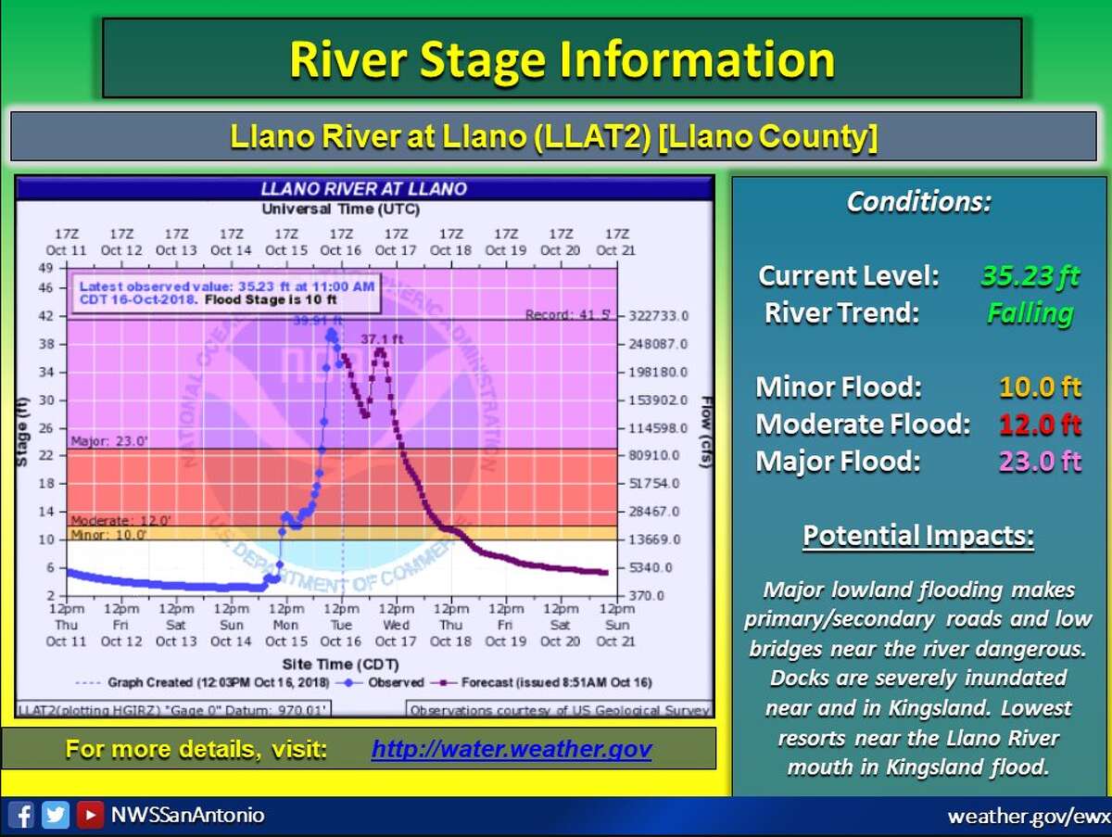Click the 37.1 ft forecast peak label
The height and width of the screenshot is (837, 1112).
click(x=384, y=339)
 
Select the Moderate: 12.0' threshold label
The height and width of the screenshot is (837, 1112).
click(x=108, y=521)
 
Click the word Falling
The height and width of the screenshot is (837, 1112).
click(x=1030, y=313)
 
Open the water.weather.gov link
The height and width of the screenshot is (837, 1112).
click(x=512, y=749)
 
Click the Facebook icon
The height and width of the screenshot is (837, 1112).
click(x=24, y=816)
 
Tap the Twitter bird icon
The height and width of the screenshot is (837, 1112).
click(x=56, y=816)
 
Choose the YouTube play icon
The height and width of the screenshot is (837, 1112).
click(x=90, y=816)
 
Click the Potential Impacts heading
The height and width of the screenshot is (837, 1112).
click(x=917, y=536)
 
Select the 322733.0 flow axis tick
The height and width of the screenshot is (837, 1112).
click(x=659, y=316)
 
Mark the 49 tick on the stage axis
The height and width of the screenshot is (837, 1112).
click(x=44, y=269)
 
